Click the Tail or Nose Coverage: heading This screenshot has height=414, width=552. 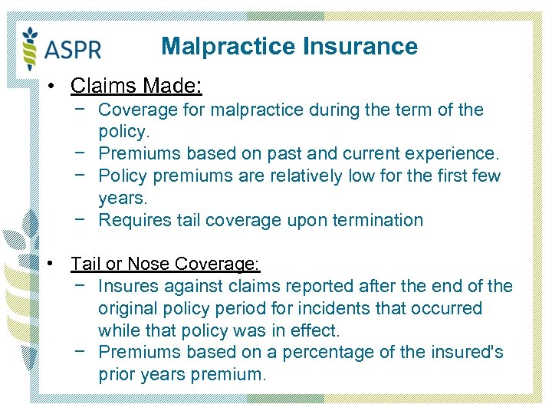[166, 264]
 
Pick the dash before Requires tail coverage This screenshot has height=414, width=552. [80, 220]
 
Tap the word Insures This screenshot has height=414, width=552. [127, 287]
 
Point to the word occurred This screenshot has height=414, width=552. [449, 309]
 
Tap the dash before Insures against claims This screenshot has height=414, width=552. [80, 287]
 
